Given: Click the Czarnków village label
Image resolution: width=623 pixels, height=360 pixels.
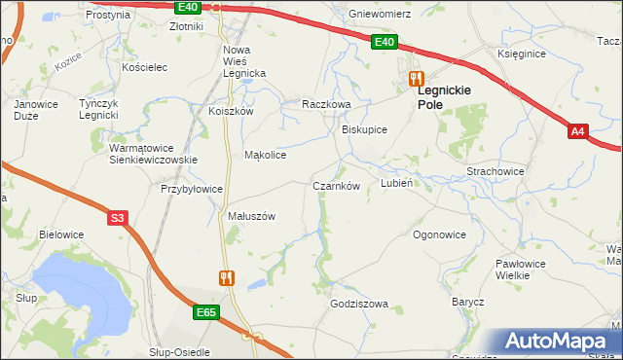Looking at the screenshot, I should (337, 186).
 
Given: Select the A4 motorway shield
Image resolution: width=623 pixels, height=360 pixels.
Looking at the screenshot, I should (577, 131).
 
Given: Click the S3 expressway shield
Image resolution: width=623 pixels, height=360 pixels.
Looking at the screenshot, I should (118, 218).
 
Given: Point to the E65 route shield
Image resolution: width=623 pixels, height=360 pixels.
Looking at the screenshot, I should (205, 312).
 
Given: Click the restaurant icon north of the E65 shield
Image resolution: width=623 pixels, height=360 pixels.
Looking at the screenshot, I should (227, 277).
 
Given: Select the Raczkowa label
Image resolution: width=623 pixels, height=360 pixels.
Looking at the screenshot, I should (325, 103).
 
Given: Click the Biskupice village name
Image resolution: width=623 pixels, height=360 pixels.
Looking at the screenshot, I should (364, 129).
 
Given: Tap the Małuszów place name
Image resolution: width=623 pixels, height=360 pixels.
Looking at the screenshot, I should (252, 216).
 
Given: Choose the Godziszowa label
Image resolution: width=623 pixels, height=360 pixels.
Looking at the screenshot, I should (359, 304).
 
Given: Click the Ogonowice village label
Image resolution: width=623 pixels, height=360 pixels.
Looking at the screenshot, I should (439, 234).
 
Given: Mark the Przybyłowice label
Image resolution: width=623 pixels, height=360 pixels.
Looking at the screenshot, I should (192, 190).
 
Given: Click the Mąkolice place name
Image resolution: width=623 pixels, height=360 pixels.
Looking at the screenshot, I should (265, 155).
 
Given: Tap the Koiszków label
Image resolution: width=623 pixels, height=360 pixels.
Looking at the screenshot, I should (231, 111).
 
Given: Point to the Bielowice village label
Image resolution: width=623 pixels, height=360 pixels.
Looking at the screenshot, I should (60, 234).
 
